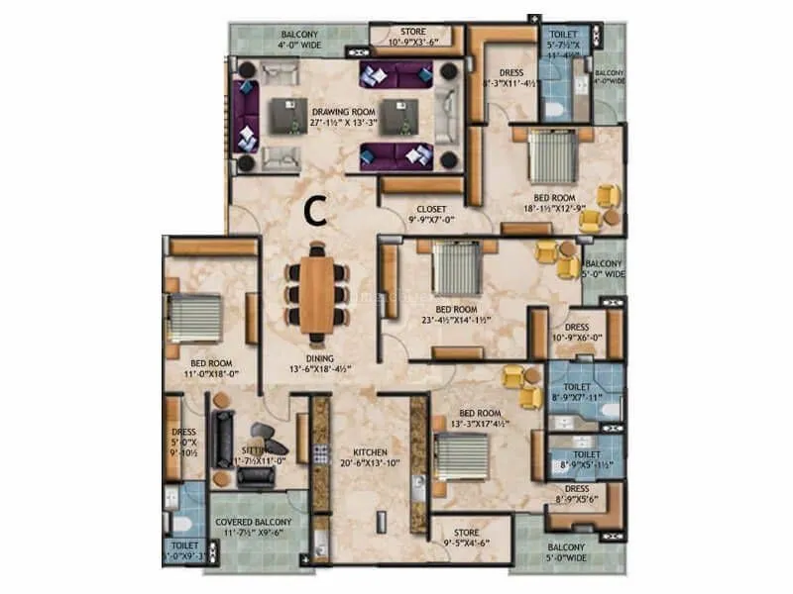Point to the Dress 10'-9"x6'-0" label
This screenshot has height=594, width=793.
[577, 332]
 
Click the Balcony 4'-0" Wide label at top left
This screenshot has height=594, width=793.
[300, 38]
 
